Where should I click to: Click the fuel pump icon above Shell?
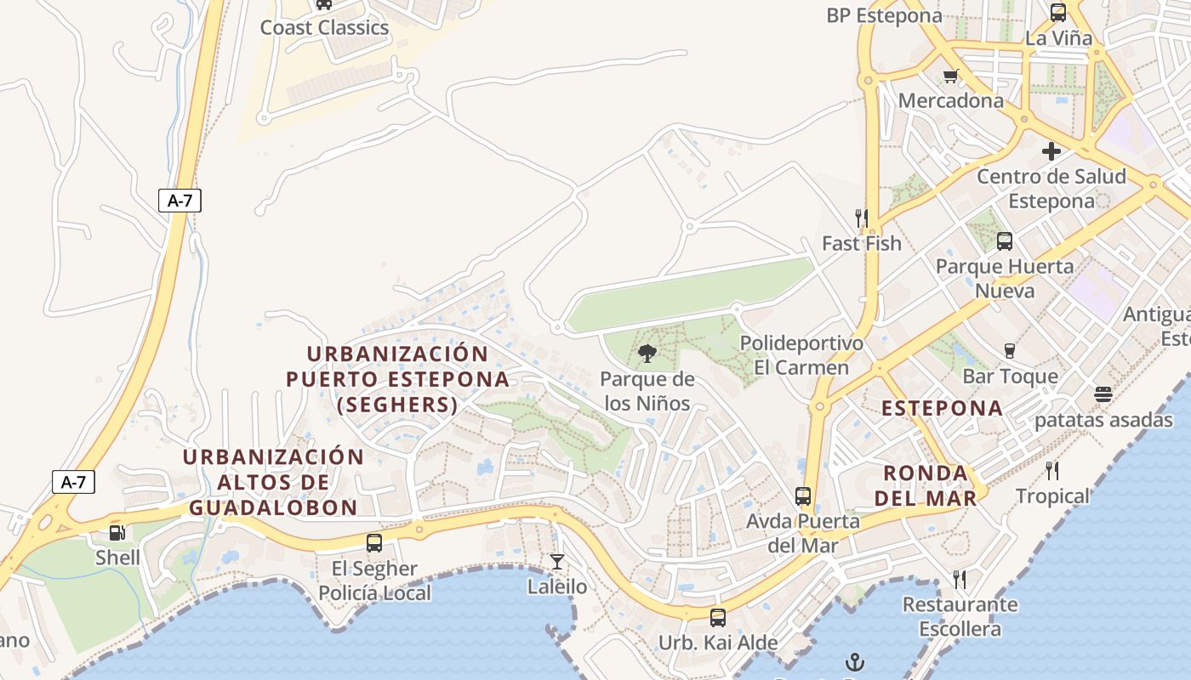coord(117,533)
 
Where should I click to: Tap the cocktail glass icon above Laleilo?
coord(556,561)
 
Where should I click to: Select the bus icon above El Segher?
coord(373,542)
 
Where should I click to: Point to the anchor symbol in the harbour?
coord(854,661)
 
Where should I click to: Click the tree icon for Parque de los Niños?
coord(647,354)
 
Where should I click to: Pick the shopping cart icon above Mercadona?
coord(951,76)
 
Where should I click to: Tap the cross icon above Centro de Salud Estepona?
coord(1051,151)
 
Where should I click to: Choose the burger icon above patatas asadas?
coord(1103,394)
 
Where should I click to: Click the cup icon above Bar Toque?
coord(1010,351)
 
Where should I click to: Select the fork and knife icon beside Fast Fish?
coord(861,218)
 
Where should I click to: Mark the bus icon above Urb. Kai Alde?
coord(718,617)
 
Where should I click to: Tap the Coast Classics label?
coord(324,27)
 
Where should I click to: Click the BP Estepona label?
coord(885,15)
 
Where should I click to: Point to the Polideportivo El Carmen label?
coord(801,355)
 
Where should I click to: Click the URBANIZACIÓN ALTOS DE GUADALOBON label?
coord(273,482)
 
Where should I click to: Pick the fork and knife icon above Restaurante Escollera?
coord(960,580)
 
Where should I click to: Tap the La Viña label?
coord(1058,37)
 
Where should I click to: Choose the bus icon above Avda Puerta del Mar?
coord(802,496)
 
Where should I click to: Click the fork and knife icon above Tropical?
coord(1052,470)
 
